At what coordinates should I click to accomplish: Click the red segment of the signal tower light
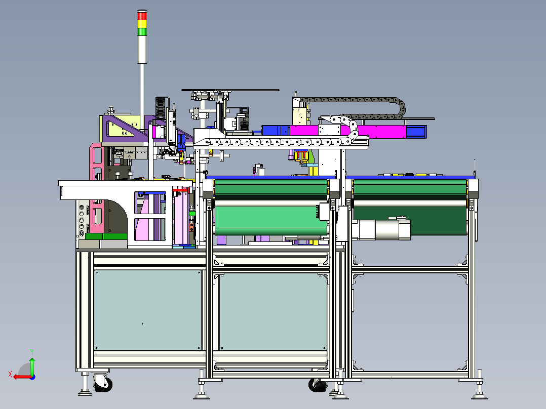pos(142,15)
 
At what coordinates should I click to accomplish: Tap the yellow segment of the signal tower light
pos(142,24)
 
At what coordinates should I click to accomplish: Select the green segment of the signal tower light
pos(142,32)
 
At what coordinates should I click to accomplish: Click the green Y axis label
pos(32,352)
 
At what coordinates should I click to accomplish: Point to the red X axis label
pos(10,374)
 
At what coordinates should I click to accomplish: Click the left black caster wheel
pos(103,384)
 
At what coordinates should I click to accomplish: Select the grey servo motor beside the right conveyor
pos(381,229)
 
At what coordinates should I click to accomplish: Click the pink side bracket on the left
pos(96,188)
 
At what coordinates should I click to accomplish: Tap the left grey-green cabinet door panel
pos(148,310)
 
